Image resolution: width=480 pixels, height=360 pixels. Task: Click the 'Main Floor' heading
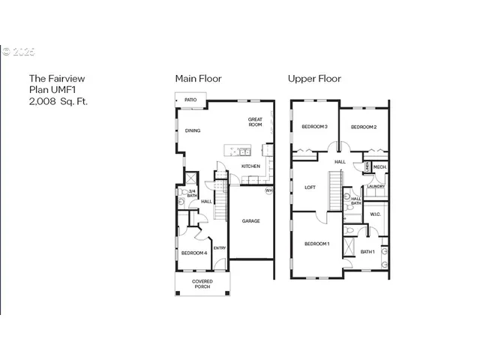point(198,78)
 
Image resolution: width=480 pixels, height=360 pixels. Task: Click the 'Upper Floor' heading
point(315,78)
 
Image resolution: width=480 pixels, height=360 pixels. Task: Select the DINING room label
point(193,131)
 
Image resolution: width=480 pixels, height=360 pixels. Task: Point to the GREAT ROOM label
point(256,122)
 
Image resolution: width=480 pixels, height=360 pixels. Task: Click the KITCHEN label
point(250,166)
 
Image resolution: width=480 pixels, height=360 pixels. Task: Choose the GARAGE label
point(250,221)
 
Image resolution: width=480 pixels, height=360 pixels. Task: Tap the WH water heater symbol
point(268,190)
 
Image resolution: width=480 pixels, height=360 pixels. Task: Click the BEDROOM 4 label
point(194,253)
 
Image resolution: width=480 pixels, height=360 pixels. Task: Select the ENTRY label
point(220,248)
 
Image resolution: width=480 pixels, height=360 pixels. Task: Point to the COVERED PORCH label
point(202,284)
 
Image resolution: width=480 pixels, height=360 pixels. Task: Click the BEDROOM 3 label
point(315,127)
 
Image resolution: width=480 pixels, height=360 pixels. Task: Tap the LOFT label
point(310,187)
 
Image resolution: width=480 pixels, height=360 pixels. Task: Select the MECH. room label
point(379,167)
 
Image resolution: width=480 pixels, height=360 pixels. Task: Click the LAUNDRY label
point(376,187)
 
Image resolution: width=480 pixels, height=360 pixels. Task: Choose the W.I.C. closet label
point(376,214)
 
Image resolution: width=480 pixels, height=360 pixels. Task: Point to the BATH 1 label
point(367,251)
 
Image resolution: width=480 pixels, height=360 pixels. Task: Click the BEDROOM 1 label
point(316,244)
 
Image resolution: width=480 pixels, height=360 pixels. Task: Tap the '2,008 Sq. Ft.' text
point(58,100)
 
